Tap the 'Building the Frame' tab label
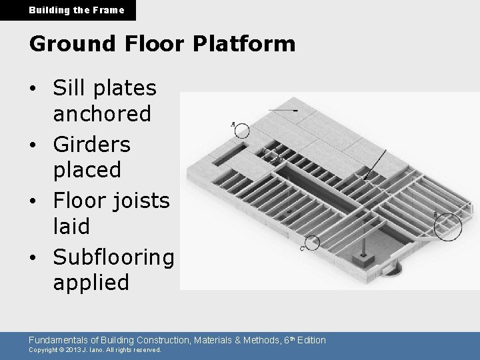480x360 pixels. click(x=67, y=10)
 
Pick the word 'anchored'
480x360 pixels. click(x=102, y=114)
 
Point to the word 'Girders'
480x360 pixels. click(x=92, y=143)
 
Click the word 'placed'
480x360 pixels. click(x=87, y=170)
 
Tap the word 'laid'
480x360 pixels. click(x=71, y=226)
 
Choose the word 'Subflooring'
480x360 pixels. click(x=113, y=256)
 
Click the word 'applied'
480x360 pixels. click(x=91, y=283)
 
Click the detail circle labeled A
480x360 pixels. click(x=241, y=131)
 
